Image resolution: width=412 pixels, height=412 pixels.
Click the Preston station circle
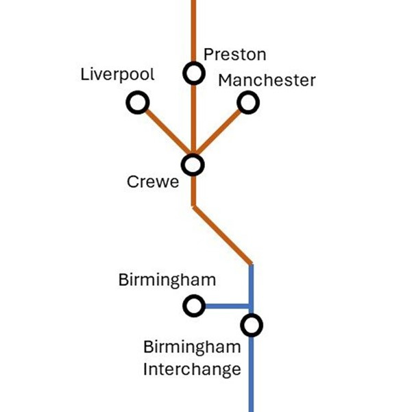(x=193, y=72)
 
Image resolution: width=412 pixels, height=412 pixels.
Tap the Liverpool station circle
(x=137, y=103)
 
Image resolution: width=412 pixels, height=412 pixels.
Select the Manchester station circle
(x=248, y=103)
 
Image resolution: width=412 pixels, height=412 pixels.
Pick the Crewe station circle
(x=193, y=165)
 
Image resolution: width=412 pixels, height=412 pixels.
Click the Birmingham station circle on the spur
(x=193, y=306)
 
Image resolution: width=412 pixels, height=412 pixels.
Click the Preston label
(x=235, y=55)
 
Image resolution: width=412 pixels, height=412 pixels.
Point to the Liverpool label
(x=117, y=75)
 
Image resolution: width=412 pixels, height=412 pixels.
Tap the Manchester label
(x=267, y=80)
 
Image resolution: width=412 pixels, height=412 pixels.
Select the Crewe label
(x=152, y=182)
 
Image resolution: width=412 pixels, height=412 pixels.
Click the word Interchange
(x=192, y=369)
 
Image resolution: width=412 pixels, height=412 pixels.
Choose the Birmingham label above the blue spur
(x=167, y=280)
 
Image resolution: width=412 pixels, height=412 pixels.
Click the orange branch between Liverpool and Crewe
(x=165, y=132)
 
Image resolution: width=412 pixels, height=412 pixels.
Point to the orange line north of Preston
(x=193, y=27)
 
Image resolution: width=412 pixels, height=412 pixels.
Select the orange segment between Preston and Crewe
(x=193, y=117)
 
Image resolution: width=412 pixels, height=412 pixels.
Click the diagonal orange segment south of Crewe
(x=223, y=234)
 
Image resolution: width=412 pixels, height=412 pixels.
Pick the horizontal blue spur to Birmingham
(x=226, y=306)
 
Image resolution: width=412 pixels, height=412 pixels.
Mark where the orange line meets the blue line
(x=251, y=265)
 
